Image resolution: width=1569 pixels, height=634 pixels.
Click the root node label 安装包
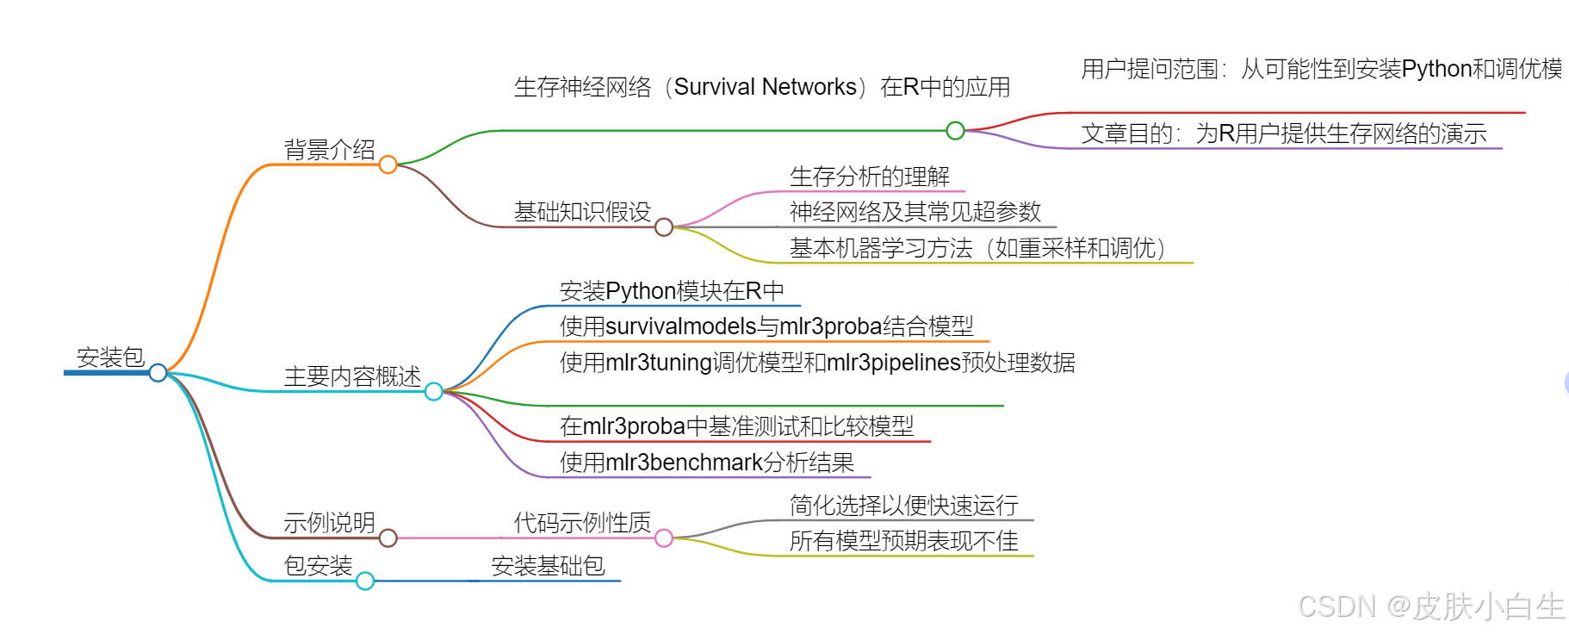pos(110,357)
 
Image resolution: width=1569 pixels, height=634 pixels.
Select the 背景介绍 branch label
pos(329,150)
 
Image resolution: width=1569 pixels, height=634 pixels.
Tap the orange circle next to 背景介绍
pos(388,165)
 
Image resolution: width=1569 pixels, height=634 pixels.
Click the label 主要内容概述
pos(352,376)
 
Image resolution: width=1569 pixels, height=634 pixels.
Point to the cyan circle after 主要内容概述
pos(434,392)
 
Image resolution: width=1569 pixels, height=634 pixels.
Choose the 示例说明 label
pos(329,523)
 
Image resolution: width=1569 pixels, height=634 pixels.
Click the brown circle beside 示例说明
pos(388,538)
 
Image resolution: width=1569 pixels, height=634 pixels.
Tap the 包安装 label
pos(318,566)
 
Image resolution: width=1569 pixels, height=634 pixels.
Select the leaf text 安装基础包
pos(548,566)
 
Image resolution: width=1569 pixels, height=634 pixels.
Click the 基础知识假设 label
pos(582,212)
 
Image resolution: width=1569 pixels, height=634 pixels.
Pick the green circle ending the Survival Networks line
pos(955,131)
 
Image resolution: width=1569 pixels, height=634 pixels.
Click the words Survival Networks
pos(765,87)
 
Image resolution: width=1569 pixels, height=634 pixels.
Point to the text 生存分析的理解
pos(869,177)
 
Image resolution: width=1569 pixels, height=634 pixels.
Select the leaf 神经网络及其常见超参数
pos(915,212)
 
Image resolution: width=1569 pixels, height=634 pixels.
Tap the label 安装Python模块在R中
pos(672,291)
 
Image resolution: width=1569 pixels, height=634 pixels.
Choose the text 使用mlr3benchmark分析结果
pos(706,463)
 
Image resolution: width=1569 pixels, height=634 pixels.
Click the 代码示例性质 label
pos(582,523)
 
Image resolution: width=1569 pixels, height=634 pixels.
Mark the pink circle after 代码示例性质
pos(664,538)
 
